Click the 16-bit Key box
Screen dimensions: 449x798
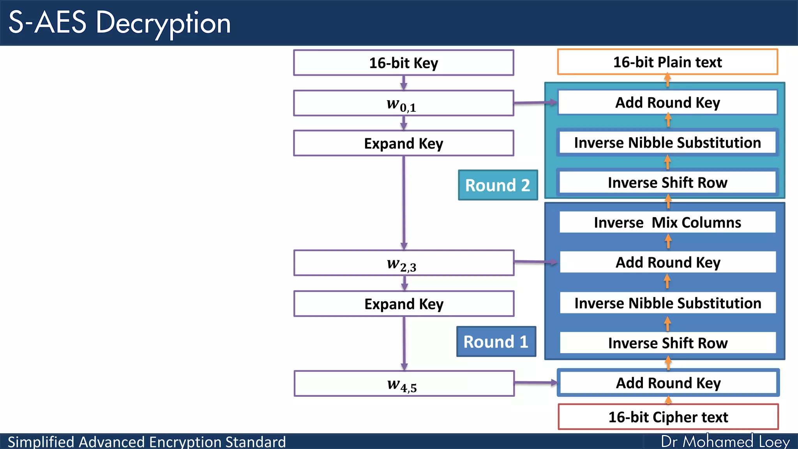point(403,63)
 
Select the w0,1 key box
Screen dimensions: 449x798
point(403,103)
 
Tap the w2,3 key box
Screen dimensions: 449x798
point(404,263)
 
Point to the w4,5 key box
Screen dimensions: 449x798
point(404,384)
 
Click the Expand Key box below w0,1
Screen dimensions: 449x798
point(403,143)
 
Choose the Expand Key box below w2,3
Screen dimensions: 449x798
point(404,304)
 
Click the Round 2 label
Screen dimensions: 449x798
point(498,185)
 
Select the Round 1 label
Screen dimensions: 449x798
point(496,342)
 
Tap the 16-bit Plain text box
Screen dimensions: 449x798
point(667,62)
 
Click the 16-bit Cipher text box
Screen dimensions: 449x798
point(668,417)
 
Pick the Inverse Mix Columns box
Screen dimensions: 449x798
point(667,223)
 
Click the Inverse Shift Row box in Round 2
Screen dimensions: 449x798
point(667,182)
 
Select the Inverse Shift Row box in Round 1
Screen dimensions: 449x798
point(667,343)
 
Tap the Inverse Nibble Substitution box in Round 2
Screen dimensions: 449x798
point(667,143)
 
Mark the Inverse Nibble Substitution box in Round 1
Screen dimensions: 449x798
point(667,303)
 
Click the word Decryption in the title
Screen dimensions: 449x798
point(163,23)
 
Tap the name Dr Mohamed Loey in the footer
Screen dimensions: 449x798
point(725,442)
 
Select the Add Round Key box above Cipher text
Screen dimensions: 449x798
point(668,383)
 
